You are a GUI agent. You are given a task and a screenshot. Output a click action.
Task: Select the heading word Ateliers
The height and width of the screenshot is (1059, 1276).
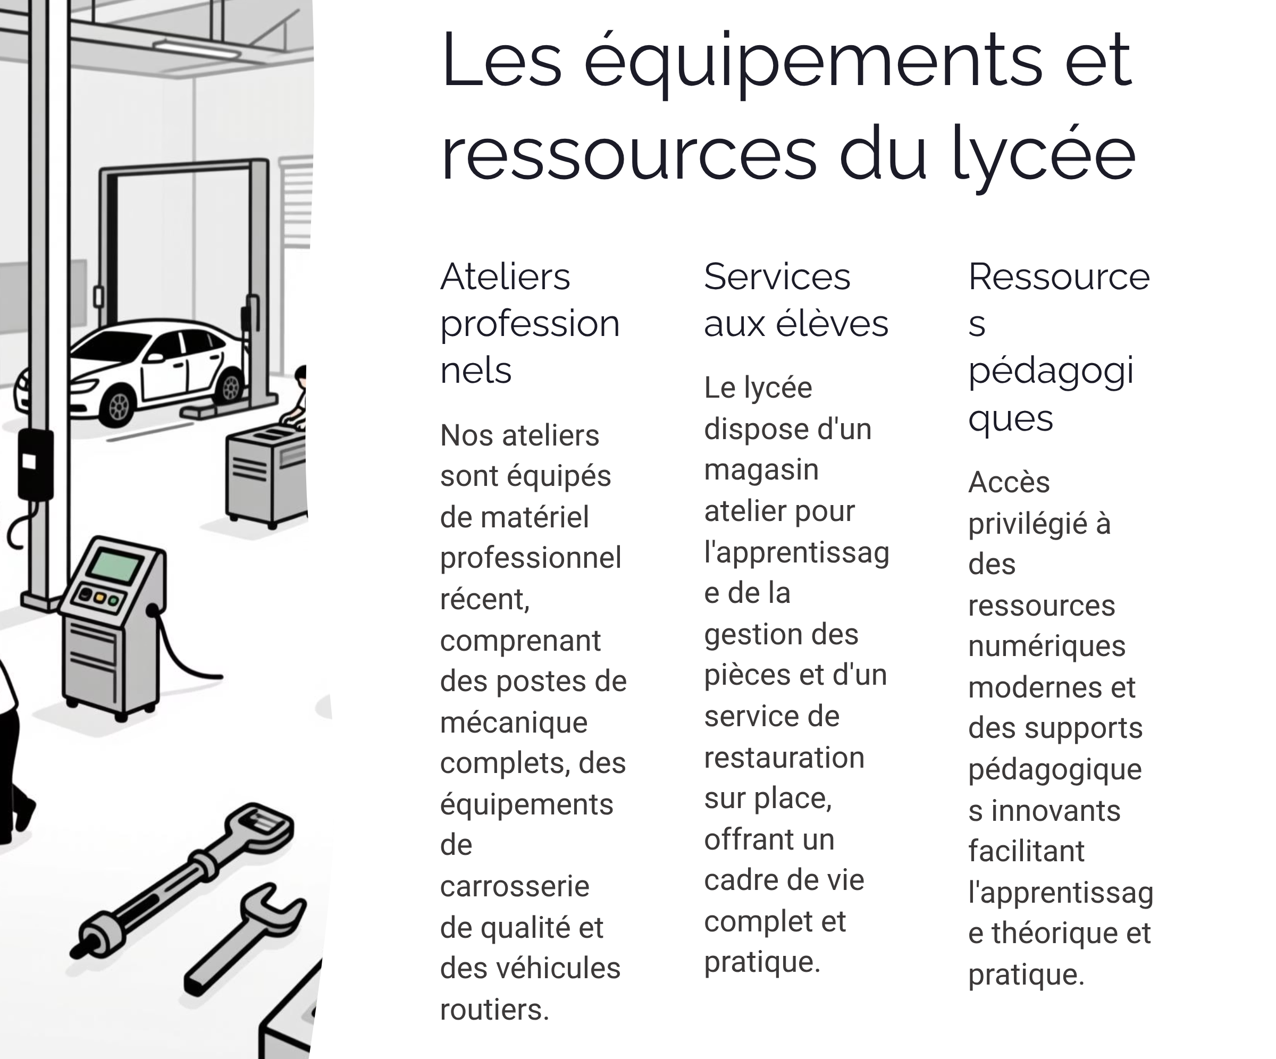point(505,277)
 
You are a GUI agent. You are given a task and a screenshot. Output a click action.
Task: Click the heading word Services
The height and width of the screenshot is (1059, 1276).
point(777,277)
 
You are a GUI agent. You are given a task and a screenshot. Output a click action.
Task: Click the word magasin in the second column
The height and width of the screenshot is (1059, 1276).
point(761,469)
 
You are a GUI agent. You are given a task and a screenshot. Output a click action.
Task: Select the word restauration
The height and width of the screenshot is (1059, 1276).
point(784,758)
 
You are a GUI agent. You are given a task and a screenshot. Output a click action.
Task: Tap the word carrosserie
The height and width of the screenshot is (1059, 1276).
point(514,886)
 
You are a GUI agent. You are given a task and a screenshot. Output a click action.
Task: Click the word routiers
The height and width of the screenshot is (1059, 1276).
point(494,1010)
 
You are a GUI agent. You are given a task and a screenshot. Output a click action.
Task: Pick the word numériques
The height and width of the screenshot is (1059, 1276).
point(1046,646)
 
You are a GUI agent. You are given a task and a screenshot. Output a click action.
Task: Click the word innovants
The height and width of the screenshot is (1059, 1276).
point(1055,811)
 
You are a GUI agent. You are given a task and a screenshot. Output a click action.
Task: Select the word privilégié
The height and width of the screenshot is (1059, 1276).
point(1027,523)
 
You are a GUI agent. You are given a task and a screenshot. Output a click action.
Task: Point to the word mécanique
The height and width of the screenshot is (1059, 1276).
point(514,722)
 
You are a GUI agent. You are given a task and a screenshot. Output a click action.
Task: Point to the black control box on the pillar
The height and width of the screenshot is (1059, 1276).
point(35,464)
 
